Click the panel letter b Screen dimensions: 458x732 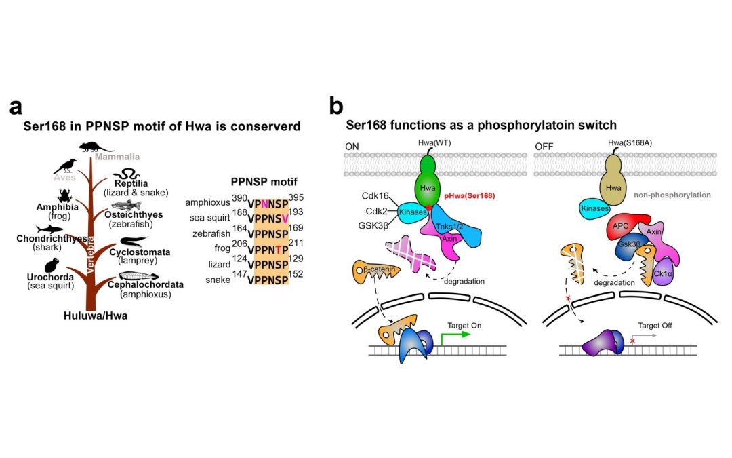335,107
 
